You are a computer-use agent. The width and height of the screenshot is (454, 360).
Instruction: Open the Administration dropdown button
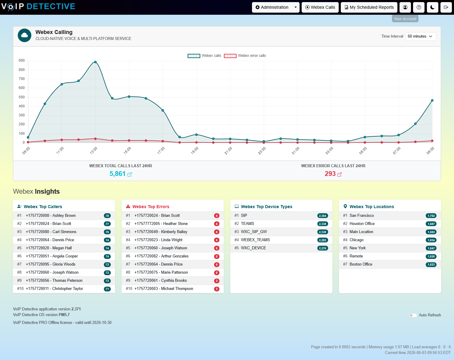click(275, 8)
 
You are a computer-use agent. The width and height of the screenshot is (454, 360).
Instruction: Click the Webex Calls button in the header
click(320, 8)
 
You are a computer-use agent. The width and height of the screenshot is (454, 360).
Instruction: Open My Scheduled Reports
click(369, 8)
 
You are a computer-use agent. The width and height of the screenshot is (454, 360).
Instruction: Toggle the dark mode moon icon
click(432, 8)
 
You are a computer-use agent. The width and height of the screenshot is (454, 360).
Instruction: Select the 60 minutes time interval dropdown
click(421, 36)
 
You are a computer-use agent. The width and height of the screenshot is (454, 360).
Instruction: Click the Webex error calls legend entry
click(245, 56)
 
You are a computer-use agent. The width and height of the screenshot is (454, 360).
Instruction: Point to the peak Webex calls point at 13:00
click(95, 62)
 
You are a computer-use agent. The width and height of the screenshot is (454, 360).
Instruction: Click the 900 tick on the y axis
click(21, 60)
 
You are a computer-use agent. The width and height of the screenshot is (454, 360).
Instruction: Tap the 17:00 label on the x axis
click(161, 150)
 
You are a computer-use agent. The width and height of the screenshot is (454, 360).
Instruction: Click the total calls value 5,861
click(117, 174)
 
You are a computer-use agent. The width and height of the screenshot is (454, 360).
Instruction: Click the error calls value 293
click(330, 174)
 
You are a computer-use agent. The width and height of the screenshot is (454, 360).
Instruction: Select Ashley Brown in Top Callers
click(51, 215)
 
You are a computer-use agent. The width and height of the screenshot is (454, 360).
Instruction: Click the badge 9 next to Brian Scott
click(217, 216)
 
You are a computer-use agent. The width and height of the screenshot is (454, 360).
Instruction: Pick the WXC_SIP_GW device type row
click(281, 232)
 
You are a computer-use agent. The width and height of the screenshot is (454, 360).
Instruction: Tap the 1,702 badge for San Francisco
click(431, 216)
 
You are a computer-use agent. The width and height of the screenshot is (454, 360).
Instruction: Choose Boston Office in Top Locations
click(361, 264)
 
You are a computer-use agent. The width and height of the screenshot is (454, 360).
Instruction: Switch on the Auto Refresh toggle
click(413, 315)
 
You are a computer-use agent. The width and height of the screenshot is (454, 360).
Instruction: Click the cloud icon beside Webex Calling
click(24, 35)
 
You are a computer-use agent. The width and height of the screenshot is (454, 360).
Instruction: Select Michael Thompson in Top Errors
click(164, 288)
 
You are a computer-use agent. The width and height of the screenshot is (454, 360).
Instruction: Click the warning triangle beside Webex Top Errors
click(128, 206)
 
